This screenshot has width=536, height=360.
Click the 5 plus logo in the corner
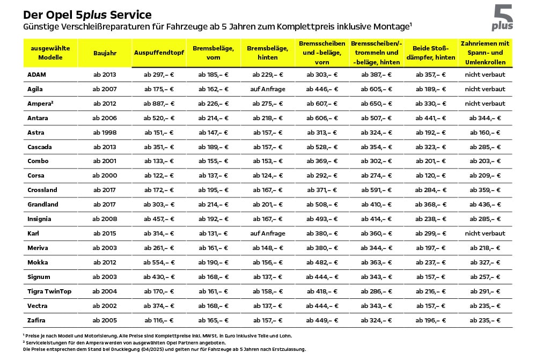click(x=503, y=17)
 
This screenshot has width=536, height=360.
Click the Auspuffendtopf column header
click(x=159, y=53)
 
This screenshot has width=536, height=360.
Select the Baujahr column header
click(x=105, y=53)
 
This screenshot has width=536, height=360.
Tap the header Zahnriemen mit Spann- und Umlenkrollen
click(x=485, y=53)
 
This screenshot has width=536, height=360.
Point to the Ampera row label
click(x=40, y=104)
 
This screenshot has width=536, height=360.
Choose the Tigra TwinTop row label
click(x=49, y=292)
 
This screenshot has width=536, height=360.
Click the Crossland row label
click(x=42, y=190)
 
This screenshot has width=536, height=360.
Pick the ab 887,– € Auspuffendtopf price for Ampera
click(x=159, y=104)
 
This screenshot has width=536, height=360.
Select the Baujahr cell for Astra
click(x=105, y=133)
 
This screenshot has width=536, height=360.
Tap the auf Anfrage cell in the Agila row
click(x=268, y=89)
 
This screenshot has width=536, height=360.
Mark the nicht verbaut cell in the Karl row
click(x=485, y=233)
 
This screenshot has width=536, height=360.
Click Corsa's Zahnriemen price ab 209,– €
click(x=485, y=176)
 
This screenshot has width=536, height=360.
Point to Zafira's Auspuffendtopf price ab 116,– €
click(x=159, y=321)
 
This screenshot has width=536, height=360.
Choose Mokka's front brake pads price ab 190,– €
click(x=214, y=262)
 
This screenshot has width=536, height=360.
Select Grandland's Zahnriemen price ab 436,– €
click(x=485, y=205)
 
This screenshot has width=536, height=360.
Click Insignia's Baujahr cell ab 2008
click(x=105, y=219)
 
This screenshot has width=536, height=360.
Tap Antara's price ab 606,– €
click(x=322, y=118)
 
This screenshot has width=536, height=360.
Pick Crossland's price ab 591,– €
click(x=376, y=190)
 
